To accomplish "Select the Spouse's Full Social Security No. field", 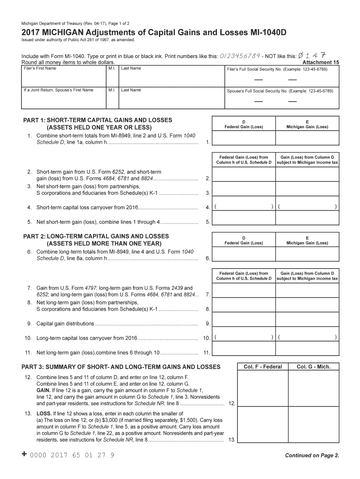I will [x=280, y=97].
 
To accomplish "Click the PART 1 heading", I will [x=98, y=120].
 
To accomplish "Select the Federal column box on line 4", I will [x=244, y=206].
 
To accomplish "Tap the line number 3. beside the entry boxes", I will [x=208, y=193].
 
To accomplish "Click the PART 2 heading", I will [x=96, y=236].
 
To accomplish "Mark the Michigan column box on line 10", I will [x=307, y=337].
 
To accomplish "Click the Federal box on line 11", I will [x=244, y=352].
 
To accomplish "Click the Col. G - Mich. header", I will [x=313, y=367].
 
